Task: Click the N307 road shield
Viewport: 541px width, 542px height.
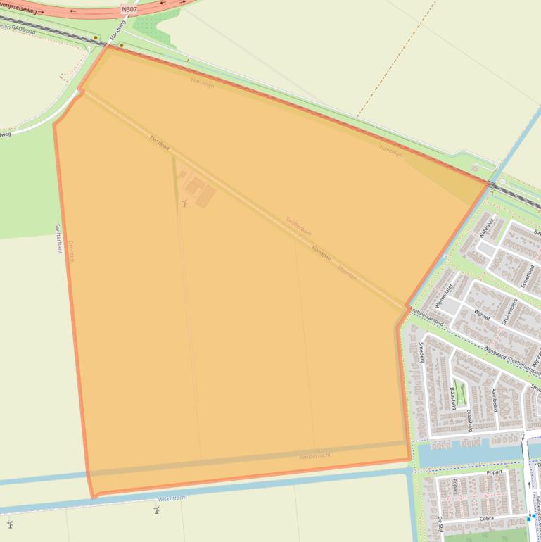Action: point(129,9)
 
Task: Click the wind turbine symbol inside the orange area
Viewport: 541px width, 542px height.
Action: point(184,203)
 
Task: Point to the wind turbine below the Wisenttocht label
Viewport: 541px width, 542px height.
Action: point(156,509)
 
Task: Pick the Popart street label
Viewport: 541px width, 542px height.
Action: point(495,472)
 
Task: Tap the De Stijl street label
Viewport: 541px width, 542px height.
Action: point(440,524)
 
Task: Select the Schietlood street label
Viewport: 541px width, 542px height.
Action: point(528,276)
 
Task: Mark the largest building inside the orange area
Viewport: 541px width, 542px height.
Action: point(205,196)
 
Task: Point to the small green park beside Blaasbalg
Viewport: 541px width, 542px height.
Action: point(461,391)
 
